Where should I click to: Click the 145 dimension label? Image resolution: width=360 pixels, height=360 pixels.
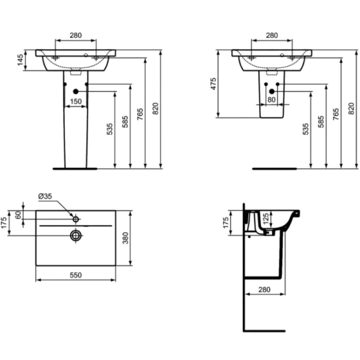coord(20,60)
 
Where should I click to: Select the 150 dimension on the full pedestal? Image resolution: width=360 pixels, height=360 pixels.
coord(76,101)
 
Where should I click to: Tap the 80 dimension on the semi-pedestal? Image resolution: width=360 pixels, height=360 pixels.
coord(272,100)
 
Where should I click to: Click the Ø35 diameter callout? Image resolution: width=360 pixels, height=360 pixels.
coord(46,196)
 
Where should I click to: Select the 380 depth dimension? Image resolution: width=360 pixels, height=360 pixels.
coord(125,239)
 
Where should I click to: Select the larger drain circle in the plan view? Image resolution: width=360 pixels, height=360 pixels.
coord(76,235)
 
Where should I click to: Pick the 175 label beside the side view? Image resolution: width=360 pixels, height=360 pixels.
coord(226,223)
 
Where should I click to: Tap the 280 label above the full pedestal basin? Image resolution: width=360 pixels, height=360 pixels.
coord(76,35)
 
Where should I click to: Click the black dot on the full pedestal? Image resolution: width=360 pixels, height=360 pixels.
coord(76,91)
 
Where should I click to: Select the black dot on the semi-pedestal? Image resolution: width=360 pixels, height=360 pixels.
coord(272,91)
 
